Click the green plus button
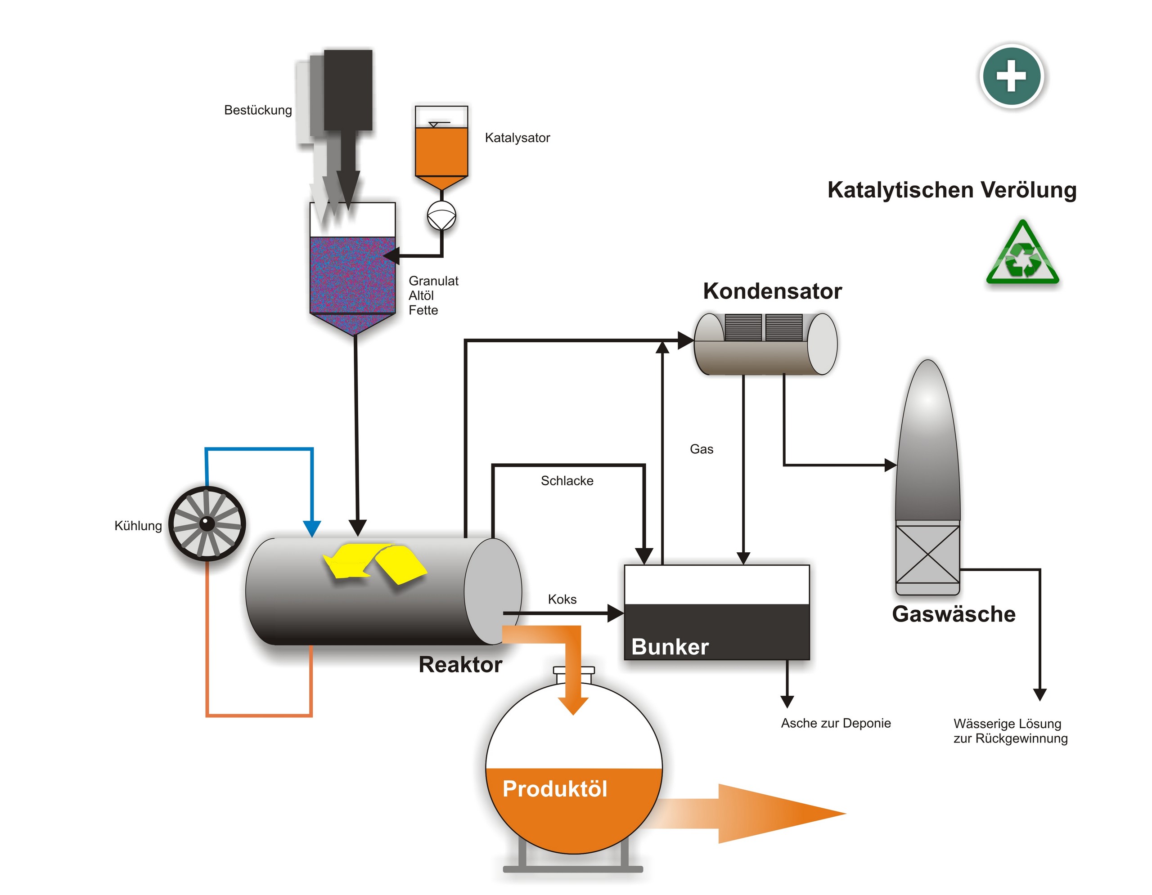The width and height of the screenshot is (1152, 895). coord(1011,76)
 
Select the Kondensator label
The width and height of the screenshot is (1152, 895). coord(772,291)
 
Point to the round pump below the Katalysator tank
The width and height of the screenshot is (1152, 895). coord(441,215)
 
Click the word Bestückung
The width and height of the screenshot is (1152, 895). coord(257,110)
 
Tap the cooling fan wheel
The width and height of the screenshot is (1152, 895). coord(207,523)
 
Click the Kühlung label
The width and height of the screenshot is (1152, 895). coord(138,525)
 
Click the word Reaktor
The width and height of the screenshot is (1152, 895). coord(460,665)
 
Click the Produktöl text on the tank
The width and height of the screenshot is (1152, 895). coord(554,789)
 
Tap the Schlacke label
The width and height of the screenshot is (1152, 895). coord(567,481)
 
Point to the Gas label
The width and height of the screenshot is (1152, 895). coord(701,449)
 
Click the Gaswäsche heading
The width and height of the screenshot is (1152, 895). coord(953,614)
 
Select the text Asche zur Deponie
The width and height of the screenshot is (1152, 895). coord(835,723)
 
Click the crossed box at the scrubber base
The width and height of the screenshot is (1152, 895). coord(927,554)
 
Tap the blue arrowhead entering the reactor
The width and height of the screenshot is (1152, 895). coord(312,528)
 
